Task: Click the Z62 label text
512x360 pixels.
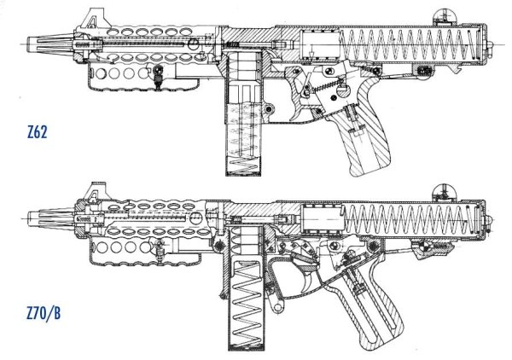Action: click(38, 132)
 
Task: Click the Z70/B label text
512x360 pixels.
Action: click(44, 313)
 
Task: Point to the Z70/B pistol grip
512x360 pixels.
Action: click(375, 307)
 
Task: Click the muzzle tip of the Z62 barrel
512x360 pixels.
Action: click(27, 44)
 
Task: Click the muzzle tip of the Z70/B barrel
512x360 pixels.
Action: click(28, 218)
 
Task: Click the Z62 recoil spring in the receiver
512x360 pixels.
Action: click(408, 44)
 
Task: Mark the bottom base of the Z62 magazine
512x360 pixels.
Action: click(243, 174)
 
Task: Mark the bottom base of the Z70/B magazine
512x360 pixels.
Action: click(246, 348)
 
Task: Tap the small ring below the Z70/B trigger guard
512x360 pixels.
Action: click(278, 307)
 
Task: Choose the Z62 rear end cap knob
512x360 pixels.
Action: click(490, 44)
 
